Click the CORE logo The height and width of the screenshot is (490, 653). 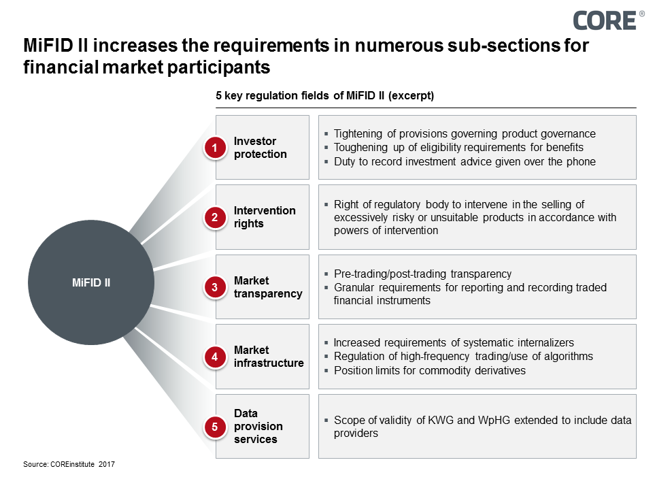click(x=608, y=20)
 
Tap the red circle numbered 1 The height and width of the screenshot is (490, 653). click(x=214, y=148)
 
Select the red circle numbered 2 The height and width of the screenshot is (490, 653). click(x=214, y=217)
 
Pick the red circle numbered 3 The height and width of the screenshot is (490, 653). click(x=214, y=287)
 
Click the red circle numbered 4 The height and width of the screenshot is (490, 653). click(x=214, y=357)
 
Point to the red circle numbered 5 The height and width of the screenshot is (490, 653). click(x=214, y=427)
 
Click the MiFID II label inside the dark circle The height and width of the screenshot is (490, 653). click(x=91, y=282)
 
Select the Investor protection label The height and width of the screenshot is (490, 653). click(x=261, y=148)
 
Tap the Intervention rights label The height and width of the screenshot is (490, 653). click(x=265, y=217)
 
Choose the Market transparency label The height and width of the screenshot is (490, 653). click(x=268, y=287)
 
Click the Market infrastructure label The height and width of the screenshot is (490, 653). click(x=269, y=357)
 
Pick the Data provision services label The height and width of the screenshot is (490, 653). click(x=258, y=426)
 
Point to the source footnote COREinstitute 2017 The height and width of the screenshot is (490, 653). click(x=69, y=464)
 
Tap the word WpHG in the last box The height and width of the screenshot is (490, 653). click(x=494, y=421)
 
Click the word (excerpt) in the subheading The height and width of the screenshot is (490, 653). click(x=411, y=96)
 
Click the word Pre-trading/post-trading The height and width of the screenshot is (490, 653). click(x=390, y=274)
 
